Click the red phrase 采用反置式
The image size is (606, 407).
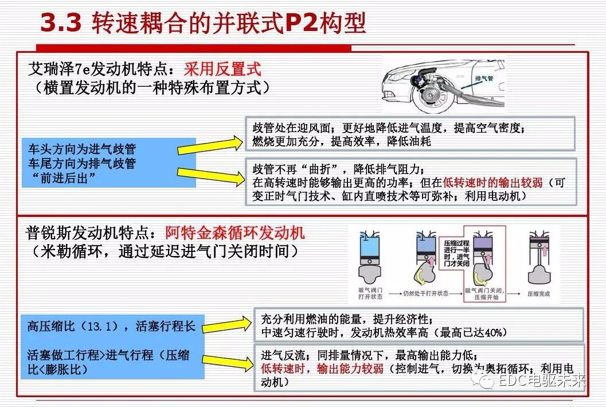click(x=222, y=70)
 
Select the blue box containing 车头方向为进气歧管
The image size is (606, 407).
click(x=108, y=163)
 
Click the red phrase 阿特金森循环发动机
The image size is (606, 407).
click(x=235, y=232)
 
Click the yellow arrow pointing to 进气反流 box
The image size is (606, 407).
click(x=227, y=362)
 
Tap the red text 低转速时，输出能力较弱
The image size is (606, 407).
click(x=322, y=369)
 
